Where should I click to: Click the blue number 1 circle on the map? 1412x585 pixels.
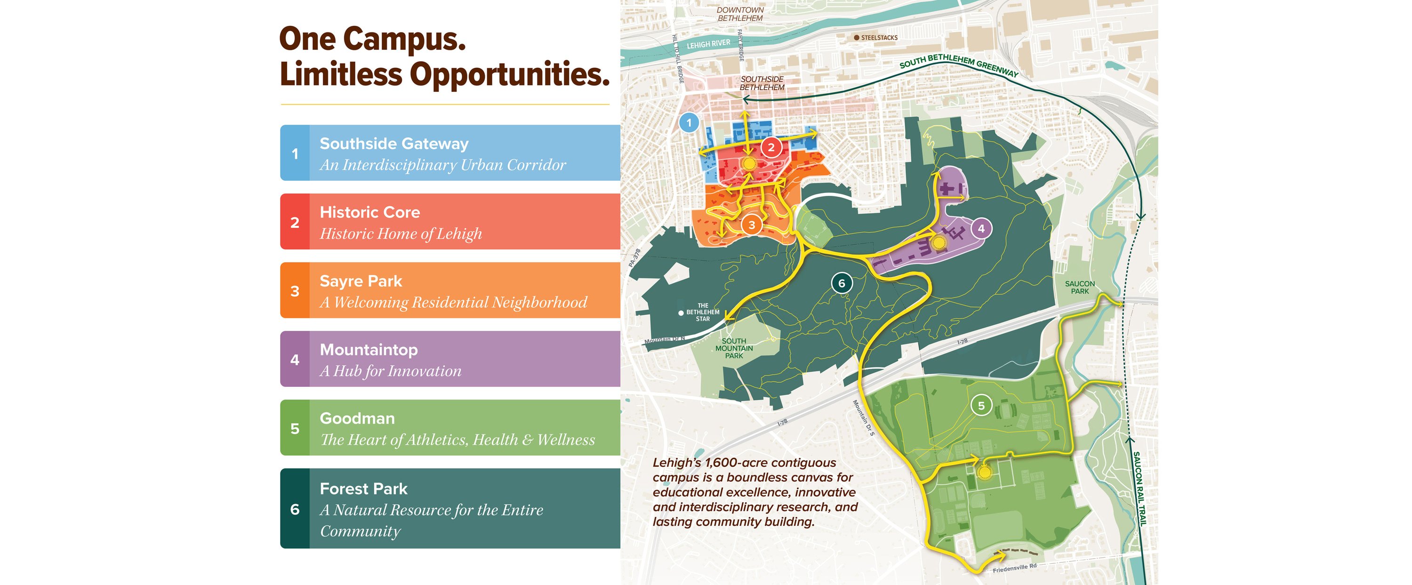point(689,123)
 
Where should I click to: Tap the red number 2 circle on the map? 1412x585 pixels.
point(770,147)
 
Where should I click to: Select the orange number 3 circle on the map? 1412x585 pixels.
point(752,225)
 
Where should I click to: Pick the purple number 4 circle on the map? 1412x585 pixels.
point(981,229)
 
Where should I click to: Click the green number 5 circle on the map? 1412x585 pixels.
point(981,406)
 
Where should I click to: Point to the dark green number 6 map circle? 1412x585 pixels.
point(842,283)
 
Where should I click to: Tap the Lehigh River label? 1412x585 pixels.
point(708,44)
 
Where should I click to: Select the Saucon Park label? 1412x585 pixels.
point(1079,287)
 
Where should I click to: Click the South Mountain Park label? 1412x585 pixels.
point(734,348)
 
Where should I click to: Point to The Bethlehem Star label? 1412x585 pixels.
point(702,312)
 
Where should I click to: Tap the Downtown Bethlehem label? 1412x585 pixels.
point(740,14)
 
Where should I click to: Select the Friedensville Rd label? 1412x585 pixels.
point(1015,568)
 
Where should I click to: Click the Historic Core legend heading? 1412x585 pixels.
point(369,212)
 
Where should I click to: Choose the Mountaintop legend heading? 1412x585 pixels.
point(369,349)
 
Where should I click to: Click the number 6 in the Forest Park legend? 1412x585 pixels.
point(295,509)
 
